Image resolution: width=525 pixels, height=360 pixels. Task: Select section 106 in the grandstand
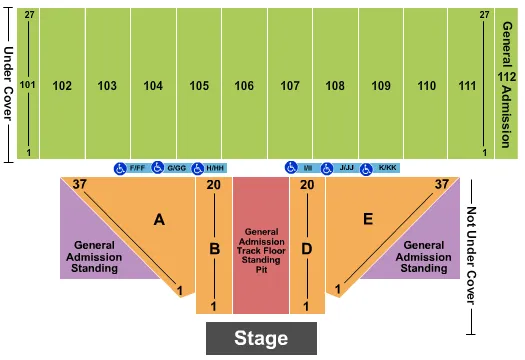[x=244, y=86]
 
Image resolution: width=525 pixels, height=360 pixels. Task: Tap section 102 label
[x=62, y=86]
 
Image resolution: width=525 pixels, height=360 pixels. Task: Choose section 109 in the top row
[x=380, y=86]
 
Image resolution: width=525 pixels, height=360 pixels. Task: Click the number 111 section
[x=466, y=86]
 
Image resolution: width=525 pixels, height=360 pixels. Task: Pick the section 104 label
[x=153, y=86]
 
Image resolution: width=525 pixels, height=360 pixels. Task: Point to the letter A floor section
[x=158, y=219]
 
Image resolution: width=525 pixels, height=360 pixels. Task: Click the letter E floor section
[x=368, y=219]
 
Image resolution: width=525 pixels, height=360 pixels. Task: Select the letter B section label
[x=213, y=249]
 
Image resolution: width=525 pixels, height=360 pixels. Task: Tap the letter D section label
[x=308, y=249]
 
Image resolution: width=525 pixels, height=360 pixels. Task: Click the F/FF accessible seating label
[x=137, y=168]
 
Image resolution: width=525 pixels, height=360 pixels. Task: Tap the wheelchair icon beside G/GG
[x=157, y=168]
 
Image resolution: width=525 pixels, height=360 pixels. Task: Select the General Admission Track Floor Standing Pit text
[x=260, y=250]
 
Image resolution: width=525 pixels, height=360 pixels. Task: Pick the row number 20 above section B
[x=213, y=185]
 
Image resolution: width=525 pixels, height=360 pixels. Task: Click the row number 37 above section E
[x=441, y=184]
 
